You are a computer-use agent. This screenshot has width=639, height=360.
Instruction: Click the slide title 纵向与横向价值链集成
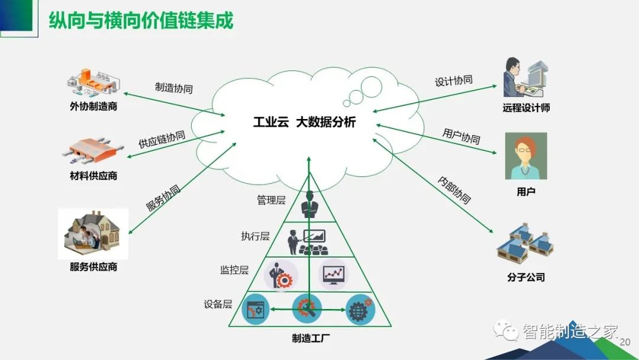(141, 20)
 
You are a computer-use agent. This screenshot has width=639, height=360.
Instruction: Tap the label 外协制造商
(93, 107)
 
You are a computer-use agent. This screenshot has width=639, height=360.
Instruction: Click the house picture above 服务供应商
(93, 234)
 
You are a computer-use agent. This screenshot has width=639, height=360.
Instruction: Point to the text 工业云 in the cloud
(271, 122)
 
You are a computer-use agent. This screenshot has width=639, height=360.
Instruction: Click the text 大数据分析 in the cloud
(326, 122)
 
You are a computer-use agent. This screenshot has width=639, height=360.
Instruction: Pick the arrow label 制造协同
(174, 88)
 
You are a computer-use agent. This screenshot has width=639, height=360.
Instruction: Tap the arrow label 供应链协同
(162, 139)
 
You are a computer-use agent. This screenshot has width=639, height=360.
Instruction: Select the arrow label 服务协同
(163, 198)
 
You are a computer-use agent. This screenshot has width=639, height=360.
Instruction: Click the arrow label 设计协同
(454, 81)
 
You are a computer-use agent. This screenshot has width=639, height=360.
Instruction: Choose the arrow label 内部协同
(454, 190)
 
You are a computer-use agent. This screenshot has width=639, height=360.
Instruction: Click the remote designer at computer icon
(526, 78)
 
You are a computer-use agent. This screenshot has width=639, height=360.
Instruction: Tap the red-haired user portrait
(526, 156)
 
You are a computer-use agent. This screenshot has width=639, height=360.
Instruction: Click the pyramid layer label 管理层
(271, 200)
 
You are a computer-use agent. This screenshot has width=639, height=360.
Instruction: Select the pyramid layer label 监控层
(234, 270)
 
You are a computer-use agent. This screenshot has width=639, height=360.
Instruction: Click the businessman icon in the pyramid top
(309, 204)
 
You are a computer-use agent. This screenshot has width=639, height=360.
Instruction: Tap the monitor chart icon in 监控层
(333, 275)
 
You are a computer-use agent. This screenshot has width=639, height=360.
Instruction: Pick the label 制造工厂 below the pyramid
(311, 338)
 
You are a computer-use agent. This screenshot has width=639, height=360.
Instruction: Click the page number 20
(625, 342)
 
